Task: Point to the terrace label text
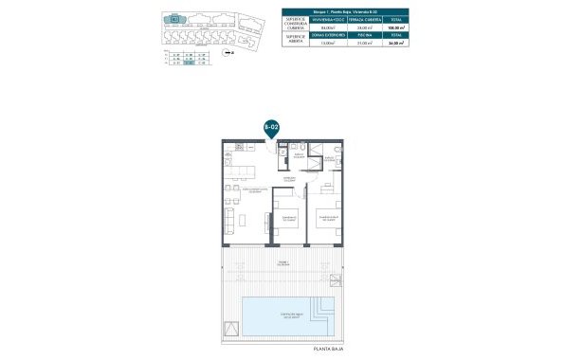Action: coord(283,263)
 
